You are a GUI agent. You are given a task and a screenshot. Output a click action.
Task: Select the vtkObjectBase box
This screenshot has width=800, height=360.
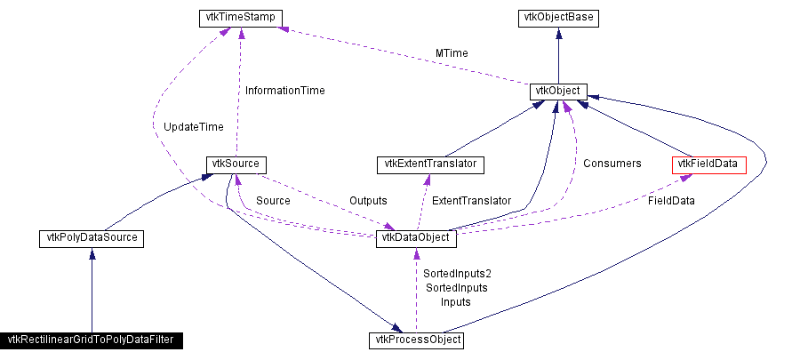coord(557,18)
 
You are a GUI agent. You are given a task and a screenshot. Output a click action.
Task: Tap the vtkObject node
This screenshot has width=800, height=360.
coord(557,91)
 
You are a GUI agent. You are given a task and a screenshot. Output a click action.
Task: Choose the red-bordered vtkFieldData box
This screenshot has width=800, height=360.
coord(708,164)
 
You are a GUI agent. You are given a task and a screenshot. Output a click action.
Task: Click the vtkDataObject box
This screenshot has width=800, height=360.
coord(417,237)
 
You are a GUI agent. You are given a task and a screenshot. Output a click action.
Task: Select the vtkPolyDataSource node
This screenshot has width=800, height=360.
coord(92,237)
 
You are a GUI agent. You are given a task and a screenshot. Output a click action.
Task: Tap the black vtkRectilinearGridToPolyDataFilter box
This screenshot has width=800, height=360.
coord(92,340)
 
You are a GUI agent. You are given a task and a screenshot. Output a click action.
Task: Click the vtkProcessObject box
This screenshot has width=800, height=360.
coord(416,340)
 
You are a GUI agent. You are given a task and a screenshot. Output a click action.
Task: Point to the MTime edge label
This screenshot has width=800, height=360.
coord(452,53)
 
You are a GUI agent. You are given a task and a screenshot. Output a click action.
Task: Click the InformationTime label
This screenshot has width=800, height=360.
coord(284,90)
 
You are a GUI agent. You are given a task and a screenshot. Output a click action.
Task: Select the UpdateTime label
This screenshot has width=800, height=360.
coord(194,127)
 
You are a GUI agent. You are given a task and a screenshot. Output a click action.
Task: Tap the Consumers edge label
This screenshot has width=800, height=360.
coord(612,164)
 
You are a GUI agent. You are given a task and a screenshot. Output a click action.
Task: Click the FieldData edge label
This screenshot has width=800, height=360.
coord(670,201)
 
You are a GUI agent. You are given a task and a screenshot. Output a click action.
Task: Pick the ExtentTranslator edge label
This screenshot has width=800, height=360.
coord(471,201)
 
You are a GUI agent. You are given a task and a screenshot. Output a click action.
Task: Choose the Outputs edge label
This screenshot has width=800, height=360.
coord(368,201)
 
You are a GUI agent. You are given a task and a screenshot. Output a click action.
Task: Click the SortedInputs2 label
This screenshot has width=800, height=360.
coord(458,273)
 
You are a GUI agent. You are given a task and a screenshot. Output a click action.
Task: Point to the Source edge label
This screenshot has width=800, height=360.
coord(273,201)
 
